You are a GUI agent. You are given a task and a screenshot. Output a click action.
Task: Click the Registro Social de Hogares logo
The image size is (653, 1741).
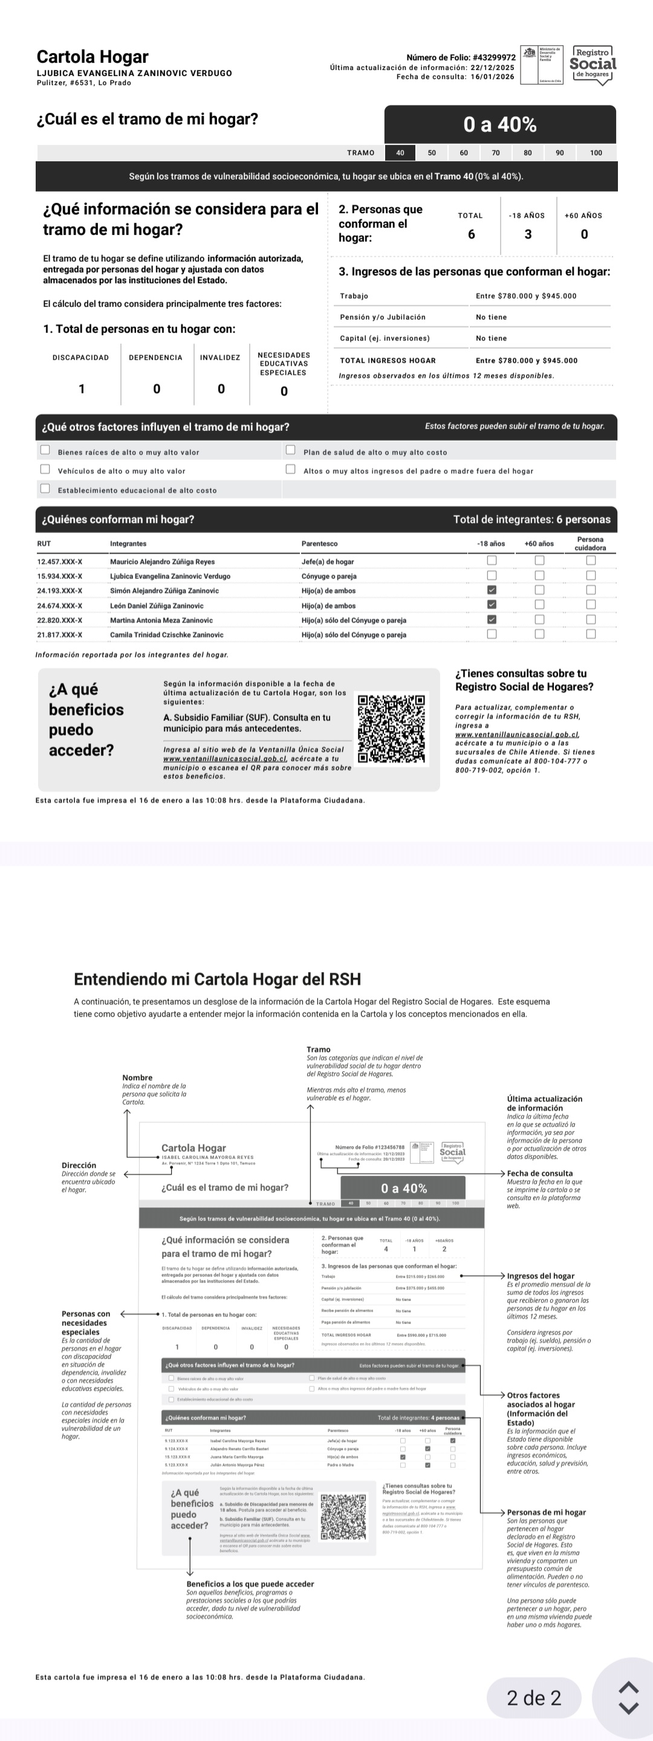coord(593,65)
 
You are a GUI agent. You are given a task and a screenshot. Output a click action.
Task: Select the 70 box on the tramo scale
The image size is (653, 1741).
coord(496,153)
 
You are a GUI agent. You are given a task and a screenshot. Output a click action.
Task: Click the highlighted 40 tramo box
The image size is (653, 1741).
coord(400,153)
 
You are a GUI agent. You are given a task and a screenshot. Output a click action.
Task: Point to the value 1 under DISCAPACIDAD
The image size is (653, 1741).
coord(82,389)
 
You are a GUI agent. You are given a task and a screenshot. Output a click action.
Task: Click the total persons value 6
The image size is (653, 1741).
coord(471,234)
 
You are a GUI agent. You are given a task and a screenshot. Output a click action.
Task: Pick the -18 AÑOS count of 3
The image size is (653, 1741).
coord(527,234)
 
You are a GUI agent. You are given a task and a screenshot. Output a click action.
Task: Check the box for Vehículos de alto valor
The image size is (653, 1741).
coord(45,469)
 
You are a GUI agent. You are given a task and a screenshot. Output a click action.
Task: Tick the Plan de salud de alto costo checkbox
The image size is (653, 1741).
coord(291,450)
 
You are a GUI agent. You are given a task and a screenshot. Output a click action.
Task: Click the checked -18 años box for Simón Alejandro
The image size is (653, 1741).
coord(492,590)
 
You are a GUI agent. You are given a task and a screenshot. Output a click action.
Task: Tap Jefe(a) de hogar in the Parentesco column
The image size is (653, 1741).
coord(327,561)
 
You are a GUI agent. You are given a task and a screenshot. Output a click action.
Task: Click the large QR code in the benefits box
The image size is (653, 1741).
coord(391,729)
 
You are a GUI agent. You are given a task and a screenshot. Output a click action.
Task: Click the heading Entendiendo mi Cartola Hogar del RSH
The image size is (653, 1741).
coord(217,980)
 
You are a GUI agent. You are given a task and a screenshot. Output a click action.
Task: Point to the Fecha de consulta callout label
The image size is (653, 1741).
coord(539,1174)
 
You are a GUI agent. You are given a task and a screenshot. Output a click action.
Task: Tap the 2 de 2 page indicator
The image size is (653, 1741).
coord(533,1697)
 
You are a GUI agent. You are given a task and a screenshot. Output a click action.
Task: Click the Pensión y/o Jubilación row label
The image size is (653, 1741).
coord(383,317)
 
